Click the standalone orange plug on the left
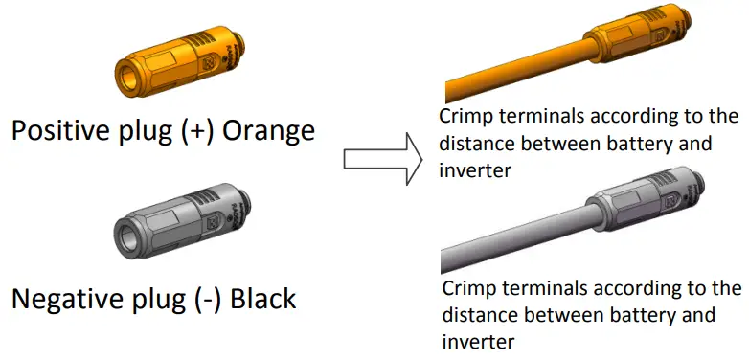point(182,67)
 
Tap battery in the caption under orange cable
point(607,145)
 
